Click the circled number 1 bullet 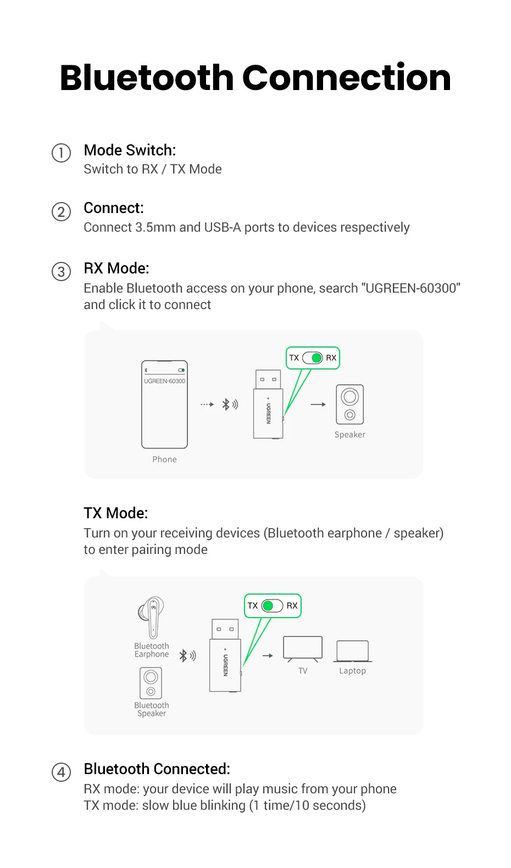61,153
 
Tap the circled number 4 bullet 61,772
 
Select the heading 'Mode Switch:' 130,150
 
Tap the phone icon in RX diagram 164,405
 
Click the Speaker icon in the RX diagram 350,404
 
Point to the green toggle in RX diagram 313,358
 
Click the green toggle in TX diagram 272,606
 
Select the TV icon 303,648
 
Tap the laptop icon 352,652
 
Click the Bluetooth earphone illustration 151,617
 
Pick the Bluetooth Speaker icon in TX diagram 151,682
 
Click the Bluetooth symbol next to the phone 226,405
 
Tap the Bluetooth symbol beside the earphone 184,656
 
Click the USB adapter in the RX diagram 268,405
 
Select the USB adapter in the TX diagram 225,656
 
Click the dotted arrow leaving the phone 207,405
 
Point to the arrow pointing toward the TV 268,656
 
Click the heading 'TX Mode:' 116,513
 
